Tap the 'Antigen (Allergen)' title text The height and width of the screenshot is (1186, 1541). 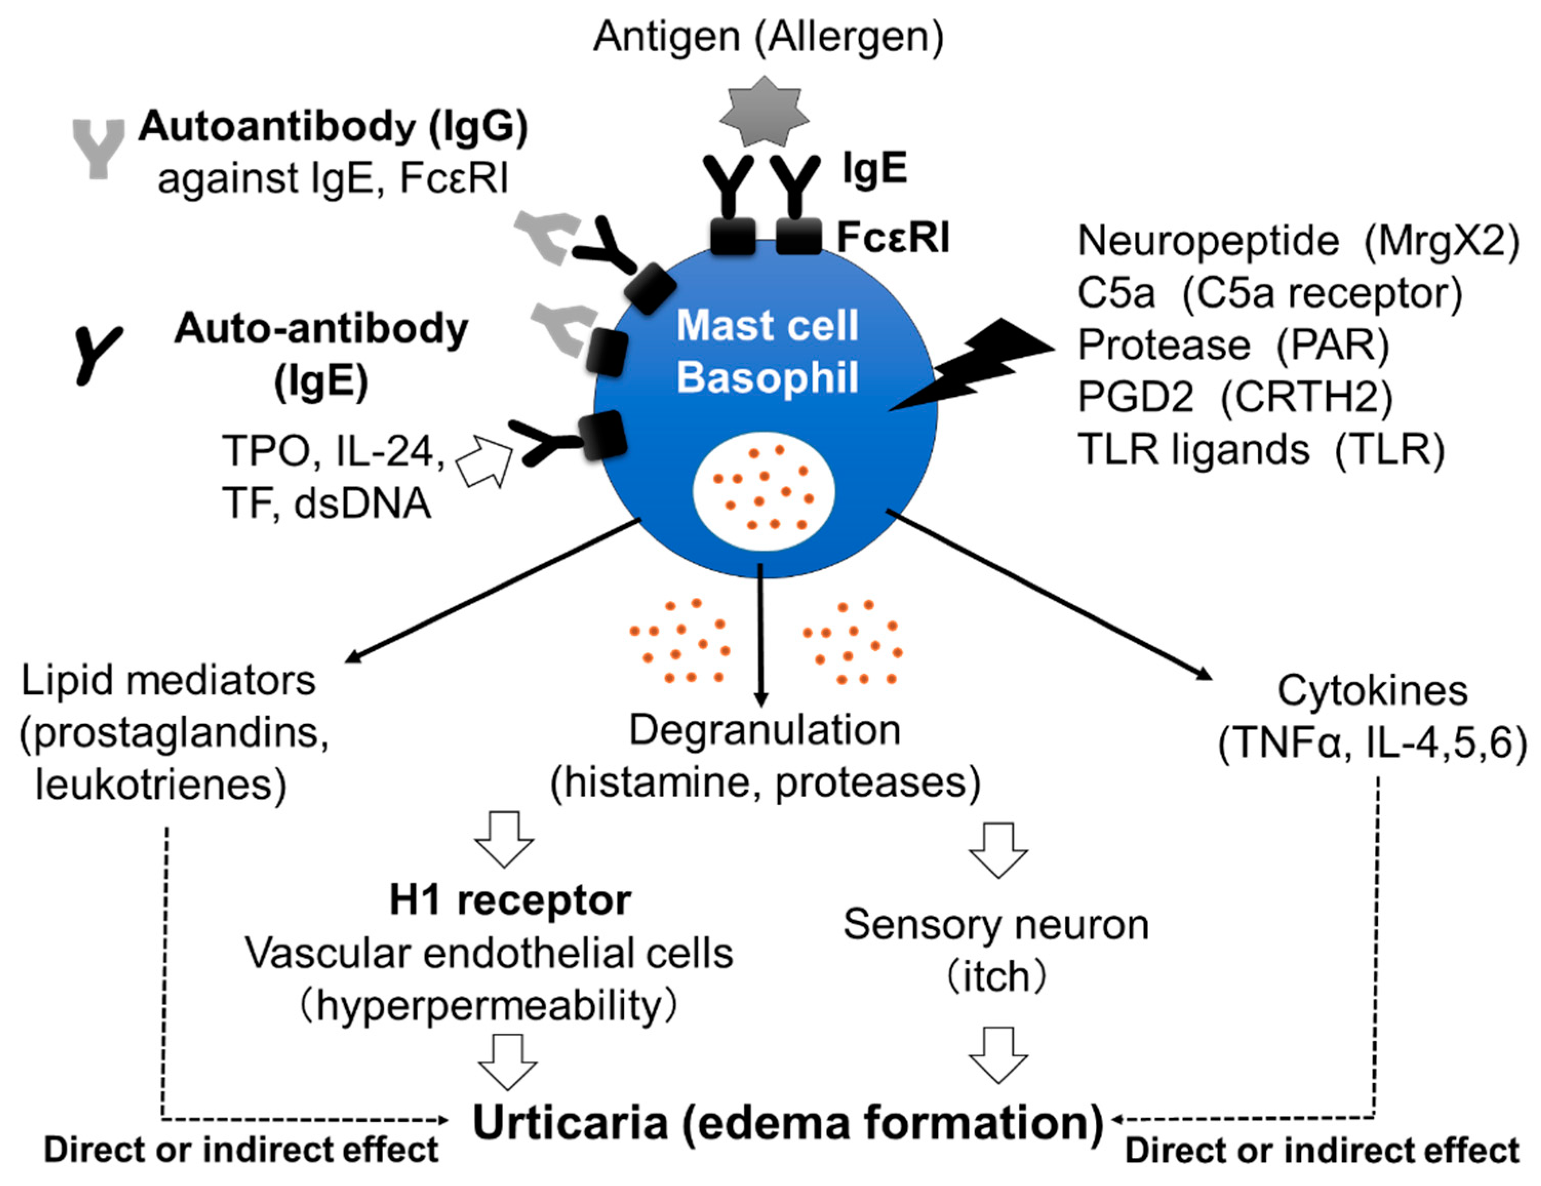pyautogui.click(x=768, y=37)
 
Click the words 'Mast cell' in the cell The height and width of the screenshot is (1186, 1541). pyautogui.click(x=767, y=326)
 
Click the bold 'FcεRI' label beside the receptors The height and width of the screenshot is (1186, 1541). pyautogui.click(x=893, y=238)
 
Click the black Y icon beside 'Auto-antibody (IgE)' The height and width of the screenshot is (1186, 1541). pyautogui.click(x=97, y=355)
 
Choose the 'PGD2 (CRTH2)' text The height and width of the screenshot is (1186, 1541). pyautogui.click(x=1235, y=397)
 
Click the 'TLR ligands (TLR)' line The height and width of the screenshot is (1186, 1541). pyautogui.click(x=1261, y=449)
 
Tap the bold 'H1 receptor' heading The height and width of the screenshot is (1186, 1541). pyautogui.click(x=510, y=901)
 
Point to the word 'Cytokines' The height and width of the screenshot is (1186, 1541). pyautogui.click(x=1372, y=691)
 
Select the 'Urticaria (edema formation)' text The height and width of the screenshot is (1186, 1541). pyautogui.click(x=788, y=1122)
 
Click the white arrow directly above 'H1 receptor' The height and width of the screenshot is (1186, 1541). pyautogui.click(x=504, y=839)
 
